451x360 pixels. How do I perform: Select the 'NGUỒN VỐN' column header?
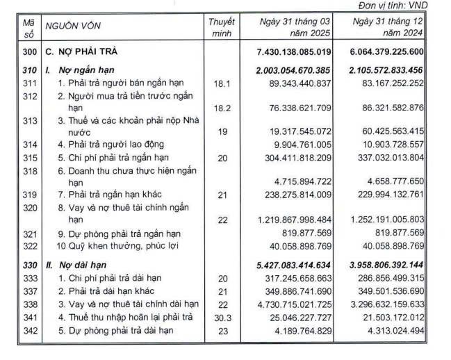(70, 27)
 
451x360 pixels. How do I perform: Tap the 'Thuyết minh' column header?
(221, 27)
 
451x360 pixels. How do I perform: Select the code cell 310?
(28, 70)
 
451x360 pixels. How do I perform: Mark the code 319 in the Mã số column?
(28, 195)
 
